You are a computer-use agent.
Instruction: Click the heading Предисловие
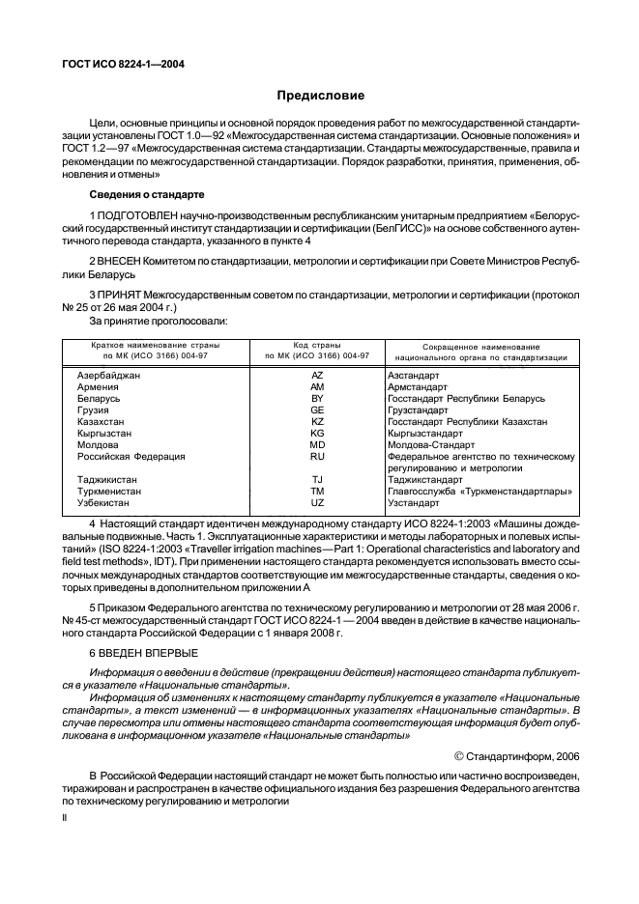click(x=320, y=96)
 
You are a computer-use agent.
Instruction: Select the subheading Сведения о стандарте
click(x=147, y=196)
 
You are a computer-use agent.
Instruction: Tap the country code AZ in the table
click(x=317, y=375)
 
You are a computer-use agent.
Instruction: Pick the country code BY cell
click(x=317, y=398)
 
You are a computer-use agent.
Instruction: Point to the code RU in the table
click(x=317, y=456)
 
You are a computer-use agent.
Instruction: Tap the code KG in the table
click(x=317, y=433)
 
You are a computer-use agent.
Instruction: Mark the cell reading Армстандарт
click(x=418, y=386)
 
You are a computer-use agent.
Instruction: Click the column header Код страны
click(x=317, y=345)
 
